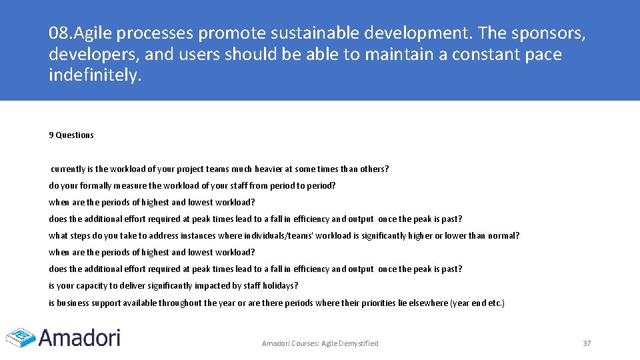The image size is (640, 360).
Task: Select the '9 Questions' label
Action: (x=71, y=135)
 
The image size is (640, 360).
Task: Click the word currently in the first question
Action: (x=68, y=169)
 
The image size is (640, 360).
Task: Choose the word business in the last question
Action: (x=73, y=303)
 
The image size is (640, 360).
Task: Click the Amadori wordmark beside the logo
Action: (x=79, y=337)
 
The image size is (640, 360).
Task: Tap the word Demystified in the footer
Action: (x=359, y=343)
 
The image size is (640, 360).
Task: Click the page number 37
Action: (x=587, y=343)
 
